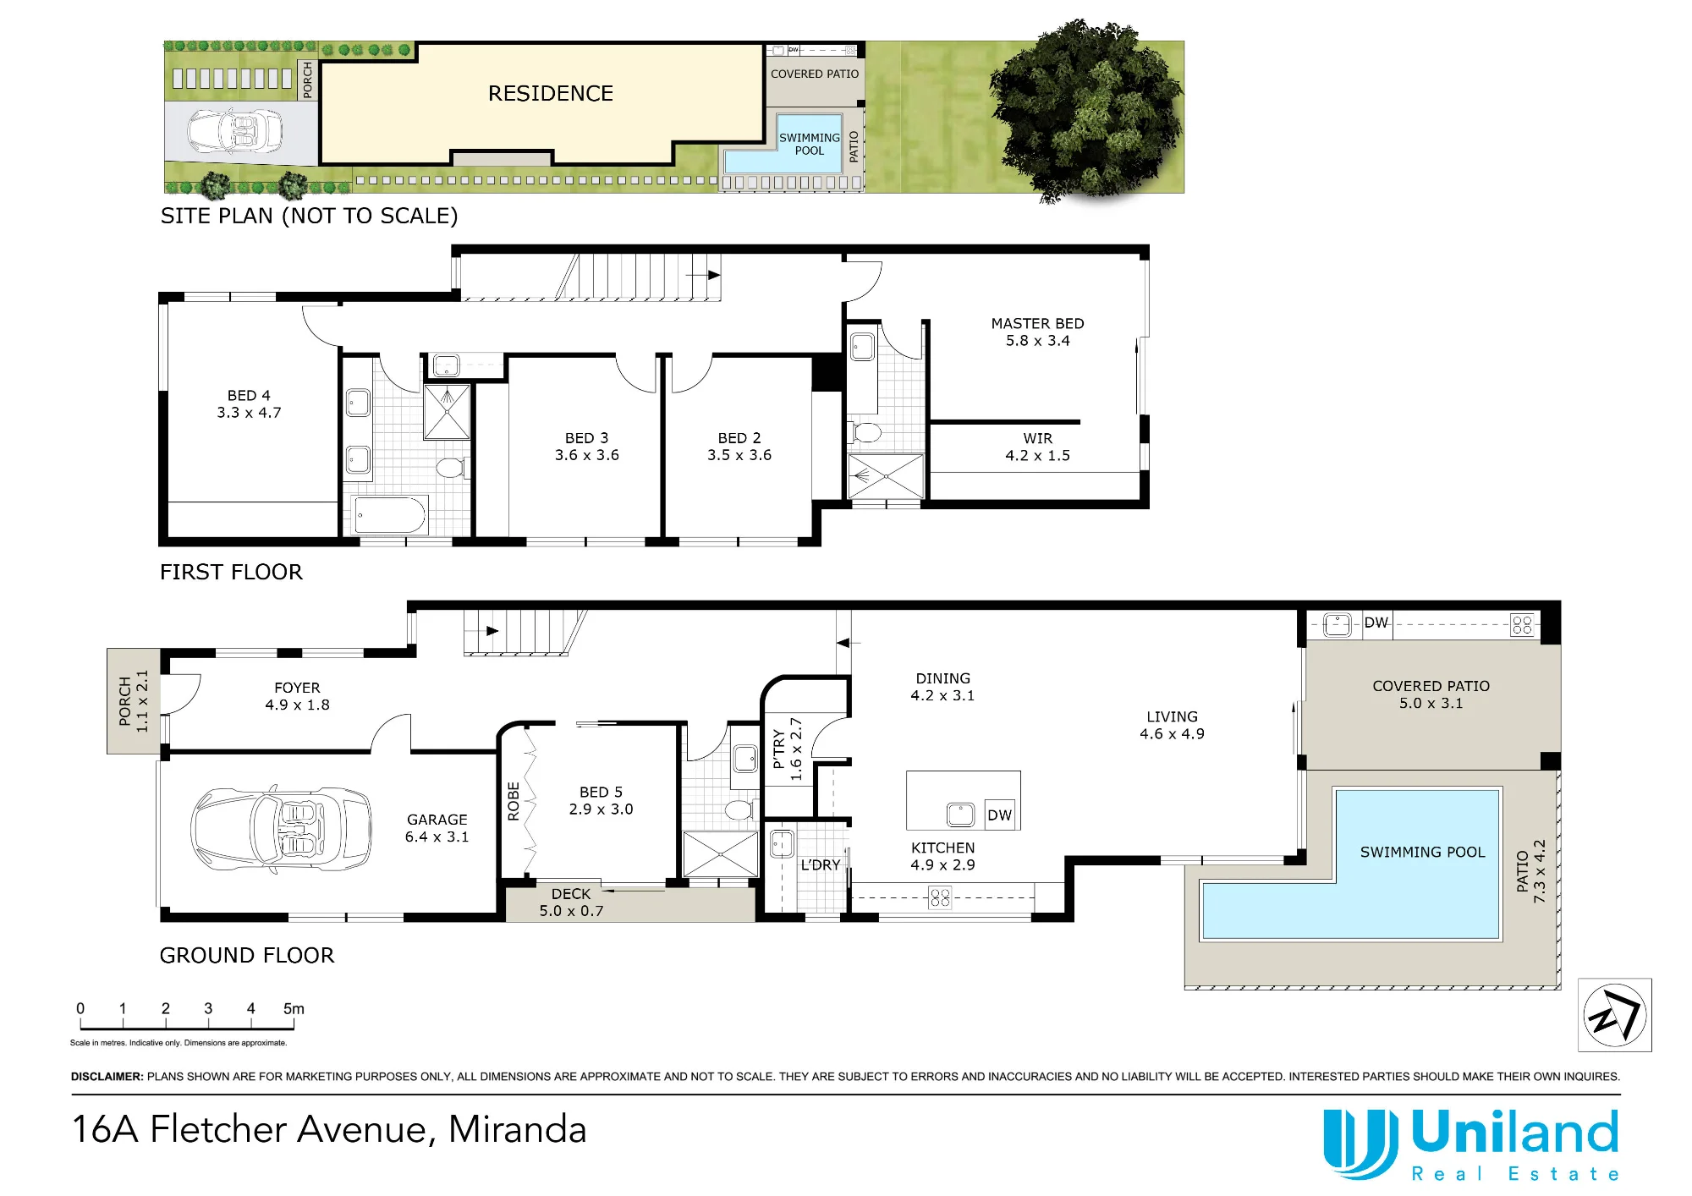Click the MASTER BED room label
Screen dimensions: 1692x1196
(1037, 324)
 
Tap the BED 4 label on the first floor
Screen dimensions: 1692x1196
(249, 396)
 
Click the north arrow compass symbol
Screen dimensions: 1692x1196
(1614, 1015)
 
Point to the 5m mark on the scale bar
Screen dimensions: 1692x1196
(294, 1009)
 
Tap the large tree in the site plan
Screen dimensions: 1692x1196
(1085, 111)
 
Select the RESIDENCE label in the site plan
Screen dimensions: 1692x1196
(551, 94)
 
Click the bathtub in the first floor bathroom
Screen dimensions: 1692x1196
(390, 515)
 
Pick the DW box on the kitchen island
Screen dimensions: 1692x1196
(999, 815)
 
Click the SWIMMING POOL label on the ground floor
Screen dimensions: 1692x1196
(1422, 853)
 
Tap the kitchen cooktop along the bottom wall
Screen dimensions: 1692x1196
(940, 897)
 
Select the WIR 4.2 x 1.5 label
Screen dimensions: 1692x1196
(1038, 447)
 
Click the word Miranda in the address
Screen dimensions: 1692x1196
(518, 1130)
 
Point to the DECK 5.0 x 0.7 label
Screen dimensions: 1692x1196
(571, 902)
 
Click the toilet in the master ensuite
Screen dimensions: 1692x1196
(865, 432)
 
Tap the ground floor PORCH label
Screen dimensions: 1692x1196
(124, 701)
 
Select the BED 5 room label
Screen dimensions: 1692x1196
(601, 793)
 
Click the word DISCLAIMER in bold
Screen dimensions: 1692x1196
(107, 1077)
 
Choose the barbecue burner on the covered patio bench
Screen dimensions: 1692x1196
(1522, 625)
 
